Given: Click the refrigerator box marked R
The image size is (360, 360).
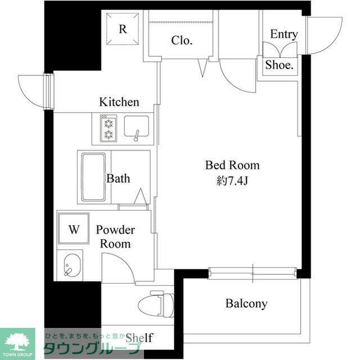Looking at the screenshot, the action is tap(123, 29).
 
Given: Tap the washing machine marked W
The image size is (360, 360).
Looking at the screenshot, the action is tap(74, 228).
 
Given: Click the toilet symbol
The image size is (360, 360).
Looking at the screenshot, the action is tap(156, 304).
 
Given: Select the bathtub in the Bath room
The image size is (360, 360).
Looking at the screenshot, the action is tap(94, 177).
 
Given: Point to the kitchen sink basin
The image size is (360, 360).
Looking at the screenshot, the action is tap(136, 127).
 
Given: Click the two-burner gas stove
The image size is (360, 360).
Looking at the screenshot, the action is tap(109, 129).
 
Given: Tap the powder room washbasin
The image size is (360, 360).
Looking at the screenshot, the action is tap(72, 265).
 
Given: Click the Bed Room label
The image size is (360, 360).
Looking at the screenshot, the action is tap(232, 165).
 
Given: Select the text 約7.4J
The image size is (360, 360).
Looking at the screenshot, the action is tap(232, 181).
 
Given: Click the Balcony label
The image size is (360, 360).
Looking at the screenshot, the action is tap(246, 304).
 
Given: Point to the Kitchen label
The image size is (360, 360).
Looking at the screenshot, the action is tap(119, 102).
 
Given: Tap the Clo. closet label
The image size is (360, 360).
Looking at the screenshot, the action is tap(182, 40).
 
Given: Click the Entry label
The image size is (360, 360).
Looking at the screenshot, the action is tap(284, 34).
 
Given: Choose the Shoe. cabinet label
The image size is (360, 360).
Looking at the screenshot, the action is tap(280, 65).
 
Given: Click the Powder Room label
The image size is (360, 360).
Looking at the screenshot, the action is tap(115, 237).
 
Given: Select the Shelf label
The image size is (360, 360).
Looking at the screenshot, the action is tap(139, 337).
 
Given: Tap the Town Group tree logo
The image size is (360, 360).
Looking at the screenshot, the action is tap(17, 343).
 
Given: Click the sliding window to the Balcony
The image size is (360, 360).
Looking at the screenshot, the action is tap(253, 273).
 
